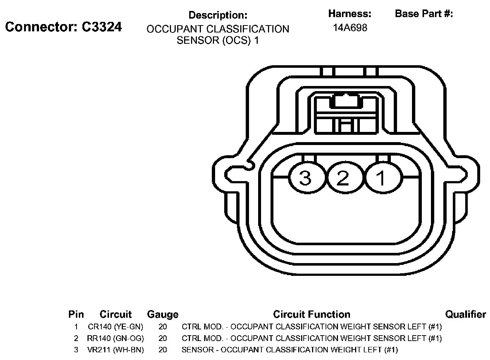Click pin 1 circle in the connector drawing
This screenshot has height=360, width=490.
tap(382, 178)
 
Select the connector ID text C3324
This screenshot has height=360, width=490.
tap(101, 27)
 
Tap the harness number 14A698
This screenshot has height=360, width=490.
tap(350, 28)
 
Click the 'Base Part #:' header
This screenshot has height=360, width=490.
tap(424, 14)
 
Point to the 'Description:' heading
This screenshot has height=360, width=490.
tap(218, 15)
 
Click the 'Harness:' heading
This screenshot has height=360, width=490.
tap(350, 14)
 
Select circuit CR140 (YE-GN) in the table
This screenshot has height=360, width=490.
tap(116, 326)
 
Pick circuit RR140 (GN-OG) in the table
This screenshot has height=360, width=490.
tap(116, 338)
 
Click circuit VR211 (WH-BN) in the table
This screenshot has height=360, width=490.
tap(116, 350)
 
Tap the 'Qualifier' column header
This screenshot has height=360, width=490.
tap(466, 314)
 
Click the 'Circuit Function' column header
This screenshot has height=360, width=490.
tap(312, 314)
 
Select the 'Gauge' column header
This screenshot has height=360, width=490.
tap(163, 314)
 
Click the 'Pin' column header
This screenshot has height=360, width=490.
tap(76, 314)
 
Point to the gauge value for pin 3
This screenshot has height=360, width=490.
tap(163, 350)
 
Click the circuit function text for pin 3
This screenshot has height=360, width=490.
tap(289, 350)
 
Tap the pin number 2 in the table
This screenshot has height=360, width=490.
tap(76, 338)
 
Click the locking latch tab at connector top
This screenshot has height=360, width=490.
tap(345, 101)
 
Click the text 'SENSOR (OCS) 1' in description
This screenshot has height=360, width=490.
tap(218, 40)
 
